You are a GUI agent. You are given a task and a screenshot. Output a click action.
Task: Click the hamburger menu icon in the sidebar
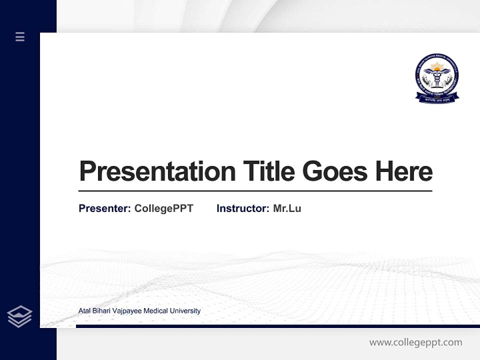pyautogui.click(x=20, y=36)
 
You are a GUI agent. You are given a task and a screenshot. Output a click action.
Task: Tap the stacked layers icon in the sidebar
pyautogui.click(x=19, y=316)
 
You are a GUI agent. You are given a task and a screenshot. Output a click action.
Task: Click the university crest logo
pyautogui.click(x=437, y=76)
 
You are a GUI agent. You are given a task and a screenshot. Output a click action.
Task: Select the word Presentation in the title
pyautogui.click(x=157, y=171)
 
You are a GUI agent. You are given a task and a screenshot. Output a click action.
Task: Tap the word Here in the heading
pyautogui.click(x=404, y=171)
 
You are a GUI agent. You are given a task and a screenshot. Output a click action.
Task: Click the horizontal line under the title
pyautogui.click(x=255, y=191)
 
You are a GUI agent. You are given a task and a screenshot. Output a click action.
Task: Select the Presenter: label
pyautogui.click(x=105, y=208)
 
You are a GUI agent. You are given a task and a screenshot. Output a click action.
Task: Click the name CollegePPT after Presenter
pyautogui.click(x=163, y=208)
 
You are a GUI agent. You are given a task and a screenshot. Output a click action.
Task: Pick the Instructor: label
pyautogui.click(x=243, y=208)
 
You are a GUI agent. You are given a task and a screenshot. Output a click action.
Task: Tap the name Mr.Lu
pyautogui.click(x=287, y=208)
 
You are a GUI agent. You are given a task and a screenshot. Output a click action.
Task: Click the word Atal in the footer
pyautogui.click(x=85, y=311)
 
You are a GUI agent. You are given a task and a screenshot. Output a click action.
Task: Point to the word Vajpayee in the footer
pyautogui.click(x=127, y=311)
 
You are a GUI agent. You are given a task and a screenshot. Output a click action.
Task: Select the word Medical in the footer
pyautogui.click(x=155, y=311)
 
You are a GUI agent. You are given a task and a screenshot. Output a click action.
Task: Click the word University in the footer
pyautogui.click(x=185, y=311)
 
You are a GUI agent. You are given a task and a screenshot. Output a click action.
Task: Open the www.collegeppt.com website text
pyautogui.click(x=415, y=342)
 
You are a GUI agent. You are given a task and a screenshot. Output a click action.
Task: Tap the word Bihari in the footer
pyautogui.click(x=103, y=311)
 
